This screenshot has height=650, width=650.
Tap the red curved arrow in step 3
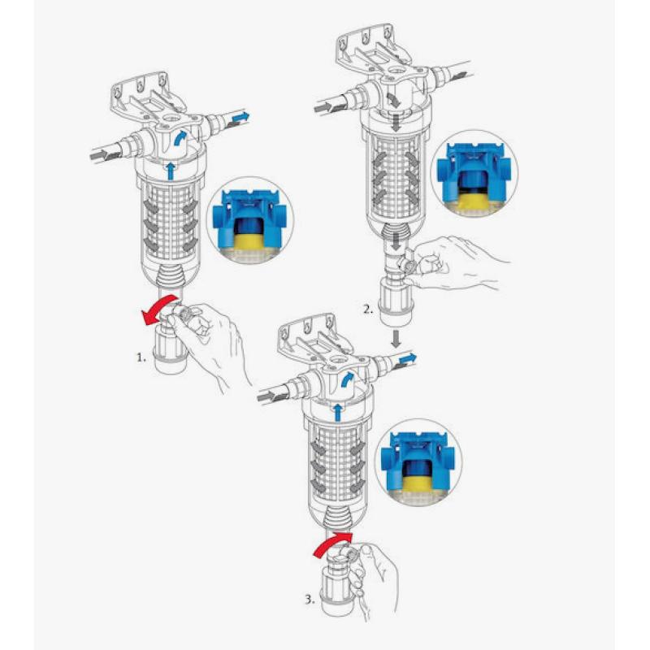coord(329,544)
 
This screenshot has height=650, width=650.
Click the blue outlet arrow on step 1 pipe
coord(240,119)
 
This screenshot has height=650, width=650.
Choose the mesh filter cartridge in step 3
coord(334,460)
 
